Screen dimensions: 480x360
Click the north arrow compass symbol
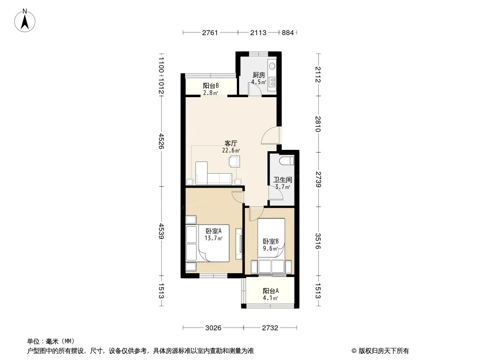point(25,21)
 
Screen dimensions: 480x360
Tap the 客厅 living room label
point(231,143)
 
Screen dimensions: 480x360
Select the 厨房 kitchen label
point(258,75)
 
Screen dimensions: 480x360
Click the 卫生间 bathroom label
point(282,180)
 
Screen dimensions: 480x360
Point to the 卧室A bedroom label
point(213,231)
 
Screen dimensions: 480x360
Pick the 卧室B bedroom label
point(271,241)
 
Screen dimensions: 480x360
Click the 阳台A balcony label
point(271,291)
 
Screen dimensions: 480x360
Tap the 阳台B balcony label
point(211,85)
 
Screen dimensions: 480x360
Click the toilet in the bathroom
point(287,160)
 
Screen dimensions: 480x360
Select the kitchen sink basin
point(272,65)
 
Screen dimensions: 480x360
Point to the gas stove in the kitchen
point(272,81)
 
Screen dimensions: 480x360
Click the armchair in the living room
point(235,161)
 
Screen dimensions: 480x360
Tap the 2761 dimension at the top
point(210,32)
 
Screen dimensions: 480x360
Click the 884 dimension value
point(288,32)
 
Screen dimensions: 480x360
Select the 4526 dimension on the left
point(161,141)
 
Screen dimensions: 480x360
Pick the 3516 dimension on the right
point(318,241)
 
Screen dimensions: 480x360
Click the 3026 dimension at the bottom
point(213,328)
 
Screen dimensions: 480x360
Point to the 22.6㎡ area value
point(231,150)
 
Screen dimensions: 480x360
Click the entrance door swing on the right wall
point(271,135)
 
